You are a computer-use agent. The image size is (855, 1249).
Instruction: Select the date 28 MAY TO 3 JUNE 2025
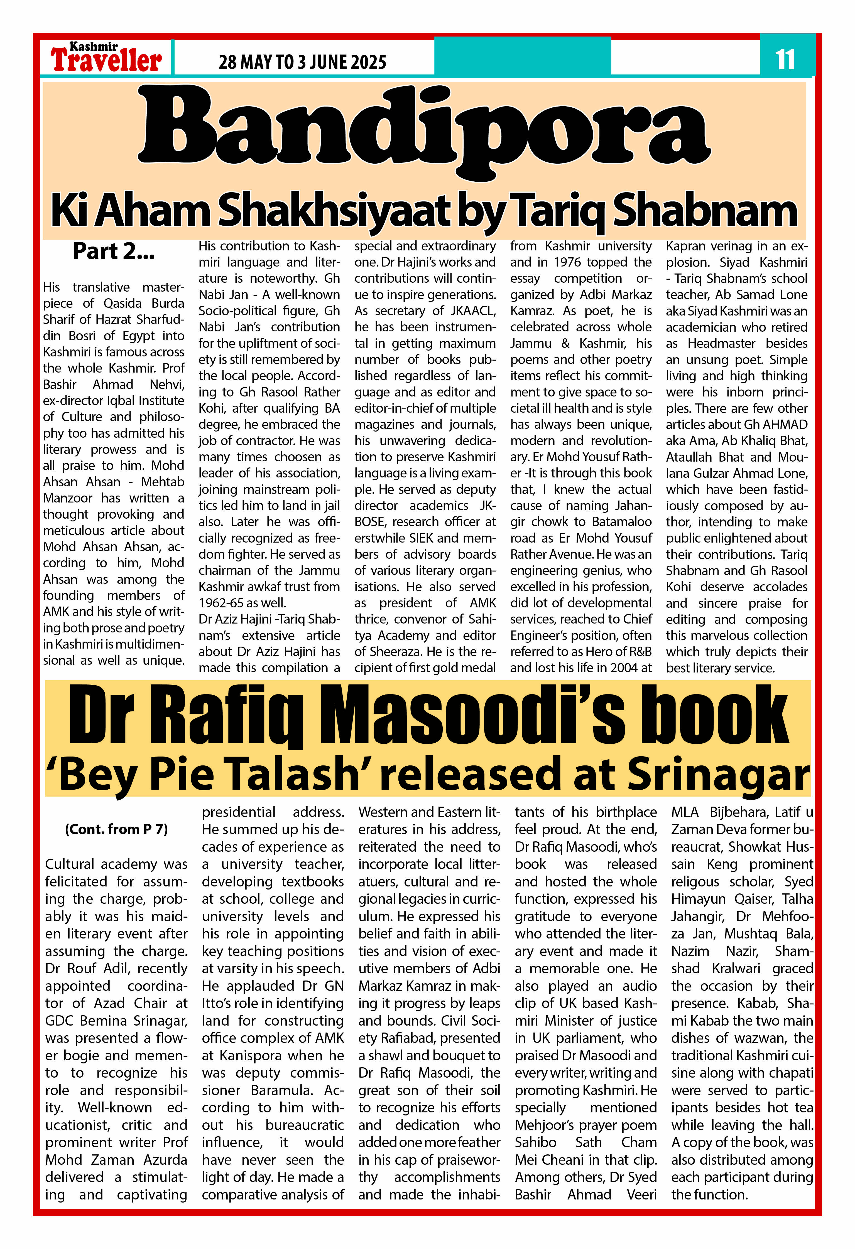coord(302,62)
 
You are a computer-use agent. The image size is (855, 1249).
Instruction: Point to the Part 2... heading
coord(114,252)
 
